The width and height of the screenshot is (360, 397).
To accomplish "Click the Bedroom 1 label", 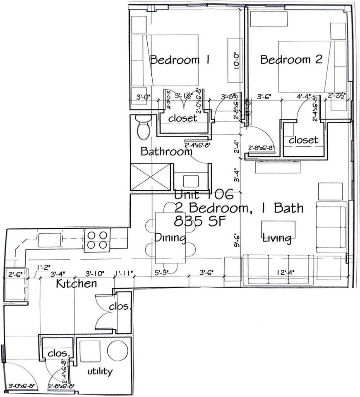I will (180, 60).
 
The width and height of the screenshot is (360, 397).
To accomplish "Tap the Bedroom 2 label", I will (291, 60).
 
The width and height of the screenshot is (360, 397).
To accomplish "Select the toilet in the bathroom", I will (143, 127).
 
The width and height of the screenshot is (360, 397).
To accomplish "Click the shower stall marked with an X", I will (151, 177).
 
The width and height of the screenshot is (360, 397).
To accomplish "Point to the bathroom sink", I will (190, 181).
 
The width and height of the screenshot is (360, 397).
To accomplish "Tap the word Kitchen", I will (77, 284).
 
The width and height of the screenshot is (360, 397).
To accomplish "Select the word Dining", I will (170, 238).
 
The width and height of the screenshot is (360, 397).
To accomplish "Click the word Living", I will (276, 238).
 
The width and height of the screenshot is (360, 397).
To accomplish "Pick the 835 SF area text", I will (200, 221).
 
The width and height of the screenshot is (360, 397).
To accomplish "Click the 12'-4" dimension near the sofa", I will (286, 273).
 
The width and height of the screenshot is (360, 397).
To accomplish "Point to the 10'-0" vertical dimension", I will (237, 60).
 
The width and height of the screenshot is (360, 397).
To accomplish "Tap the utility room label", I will (99, 371).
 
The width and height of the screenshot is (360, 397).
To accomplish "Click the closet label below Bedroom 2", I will (303, 140).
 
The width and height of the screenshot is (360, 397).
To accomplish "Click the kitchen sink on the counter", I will (50, 240).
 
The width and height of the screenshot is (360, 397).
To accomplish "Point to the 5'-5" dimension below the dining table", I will (162, 273).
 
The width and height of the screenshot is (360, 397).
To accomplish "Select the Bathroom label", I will (166, 151).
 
